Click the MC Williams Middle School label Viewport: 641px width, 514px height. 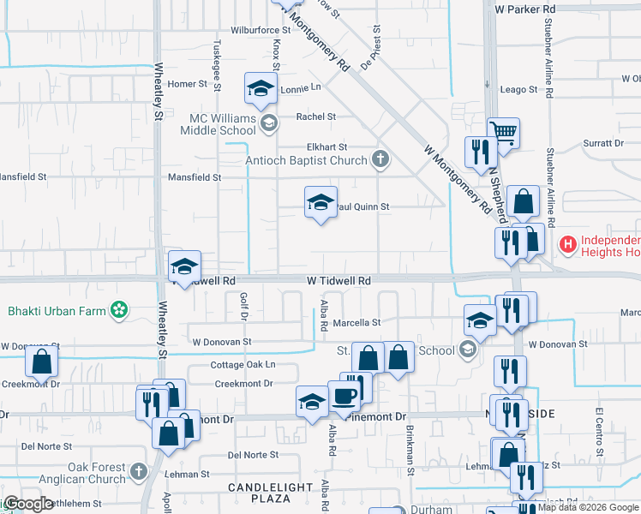[218, 123]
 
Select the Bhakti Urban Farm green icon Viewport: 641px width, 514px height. [120, 309]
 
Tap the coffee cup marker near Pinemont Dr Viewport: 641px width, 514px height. [344, 397]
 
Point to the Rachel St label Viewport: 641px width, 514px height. [316, 117]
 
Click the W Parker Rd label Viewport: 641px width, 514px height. [525, 9]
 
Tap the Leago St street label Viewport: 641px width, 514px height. [518, 89]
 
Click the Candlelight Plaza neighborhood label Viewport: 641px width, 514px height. [270, 493]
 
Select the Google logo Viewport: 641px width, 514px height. [27, 504]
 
